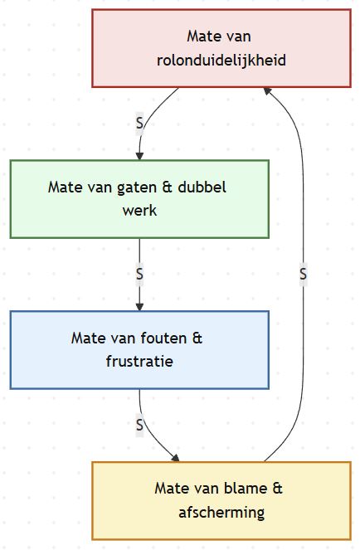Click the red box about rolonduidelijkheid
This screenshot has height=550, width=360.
pos(221,48)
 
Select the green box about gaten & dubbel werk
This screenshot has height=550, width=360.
pos(139,199)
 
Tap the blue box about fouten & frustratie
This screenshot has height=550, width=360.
pos(139,349)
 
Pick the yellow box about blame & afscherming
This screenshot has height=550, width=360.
pos(221,500)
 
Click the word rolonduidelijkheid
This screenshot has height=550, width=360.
pos(221,61)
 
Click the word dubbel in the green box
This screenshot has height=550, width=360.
pos(202,187)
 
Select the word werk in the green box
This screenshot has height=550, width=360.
pos(139,211)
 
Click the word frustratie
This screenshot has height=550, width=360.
pos(139,362)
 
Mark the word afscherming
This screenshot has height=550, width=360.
pos(221,513)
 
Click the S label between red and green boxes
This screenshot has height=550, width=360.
pos(139,123)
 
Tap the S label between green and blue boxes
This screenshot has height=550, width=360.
pos(139,273)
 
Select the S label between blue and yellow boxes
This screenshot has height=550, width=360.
pos(139,425)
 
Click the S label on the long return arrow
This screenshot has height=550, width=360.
pos(304,273)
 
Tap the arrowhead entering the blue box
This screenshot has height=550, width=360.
pos(139,305)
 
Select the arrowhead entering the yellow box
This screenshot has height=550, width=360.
pos(175,456)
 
